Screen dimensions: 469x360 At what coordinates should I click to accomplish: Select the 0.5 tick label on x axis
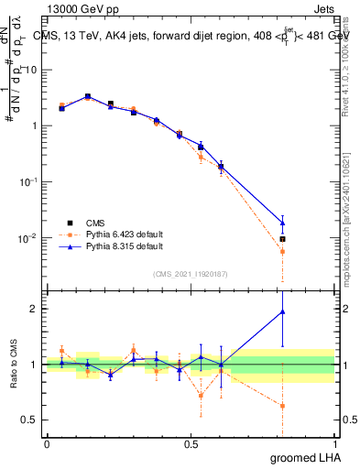point(191,444)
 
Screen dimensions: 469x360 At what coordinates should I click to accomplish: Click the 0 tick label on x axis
point(47,444)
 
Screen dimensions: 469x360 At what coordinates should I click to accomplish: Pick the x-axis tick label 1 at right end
point(334,444)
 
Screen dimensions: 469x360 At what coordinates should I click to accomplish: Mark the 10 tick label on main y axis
point(30,69)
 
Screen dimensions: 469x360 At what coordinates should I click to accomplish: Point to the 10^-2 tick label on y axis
point(28,238)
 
